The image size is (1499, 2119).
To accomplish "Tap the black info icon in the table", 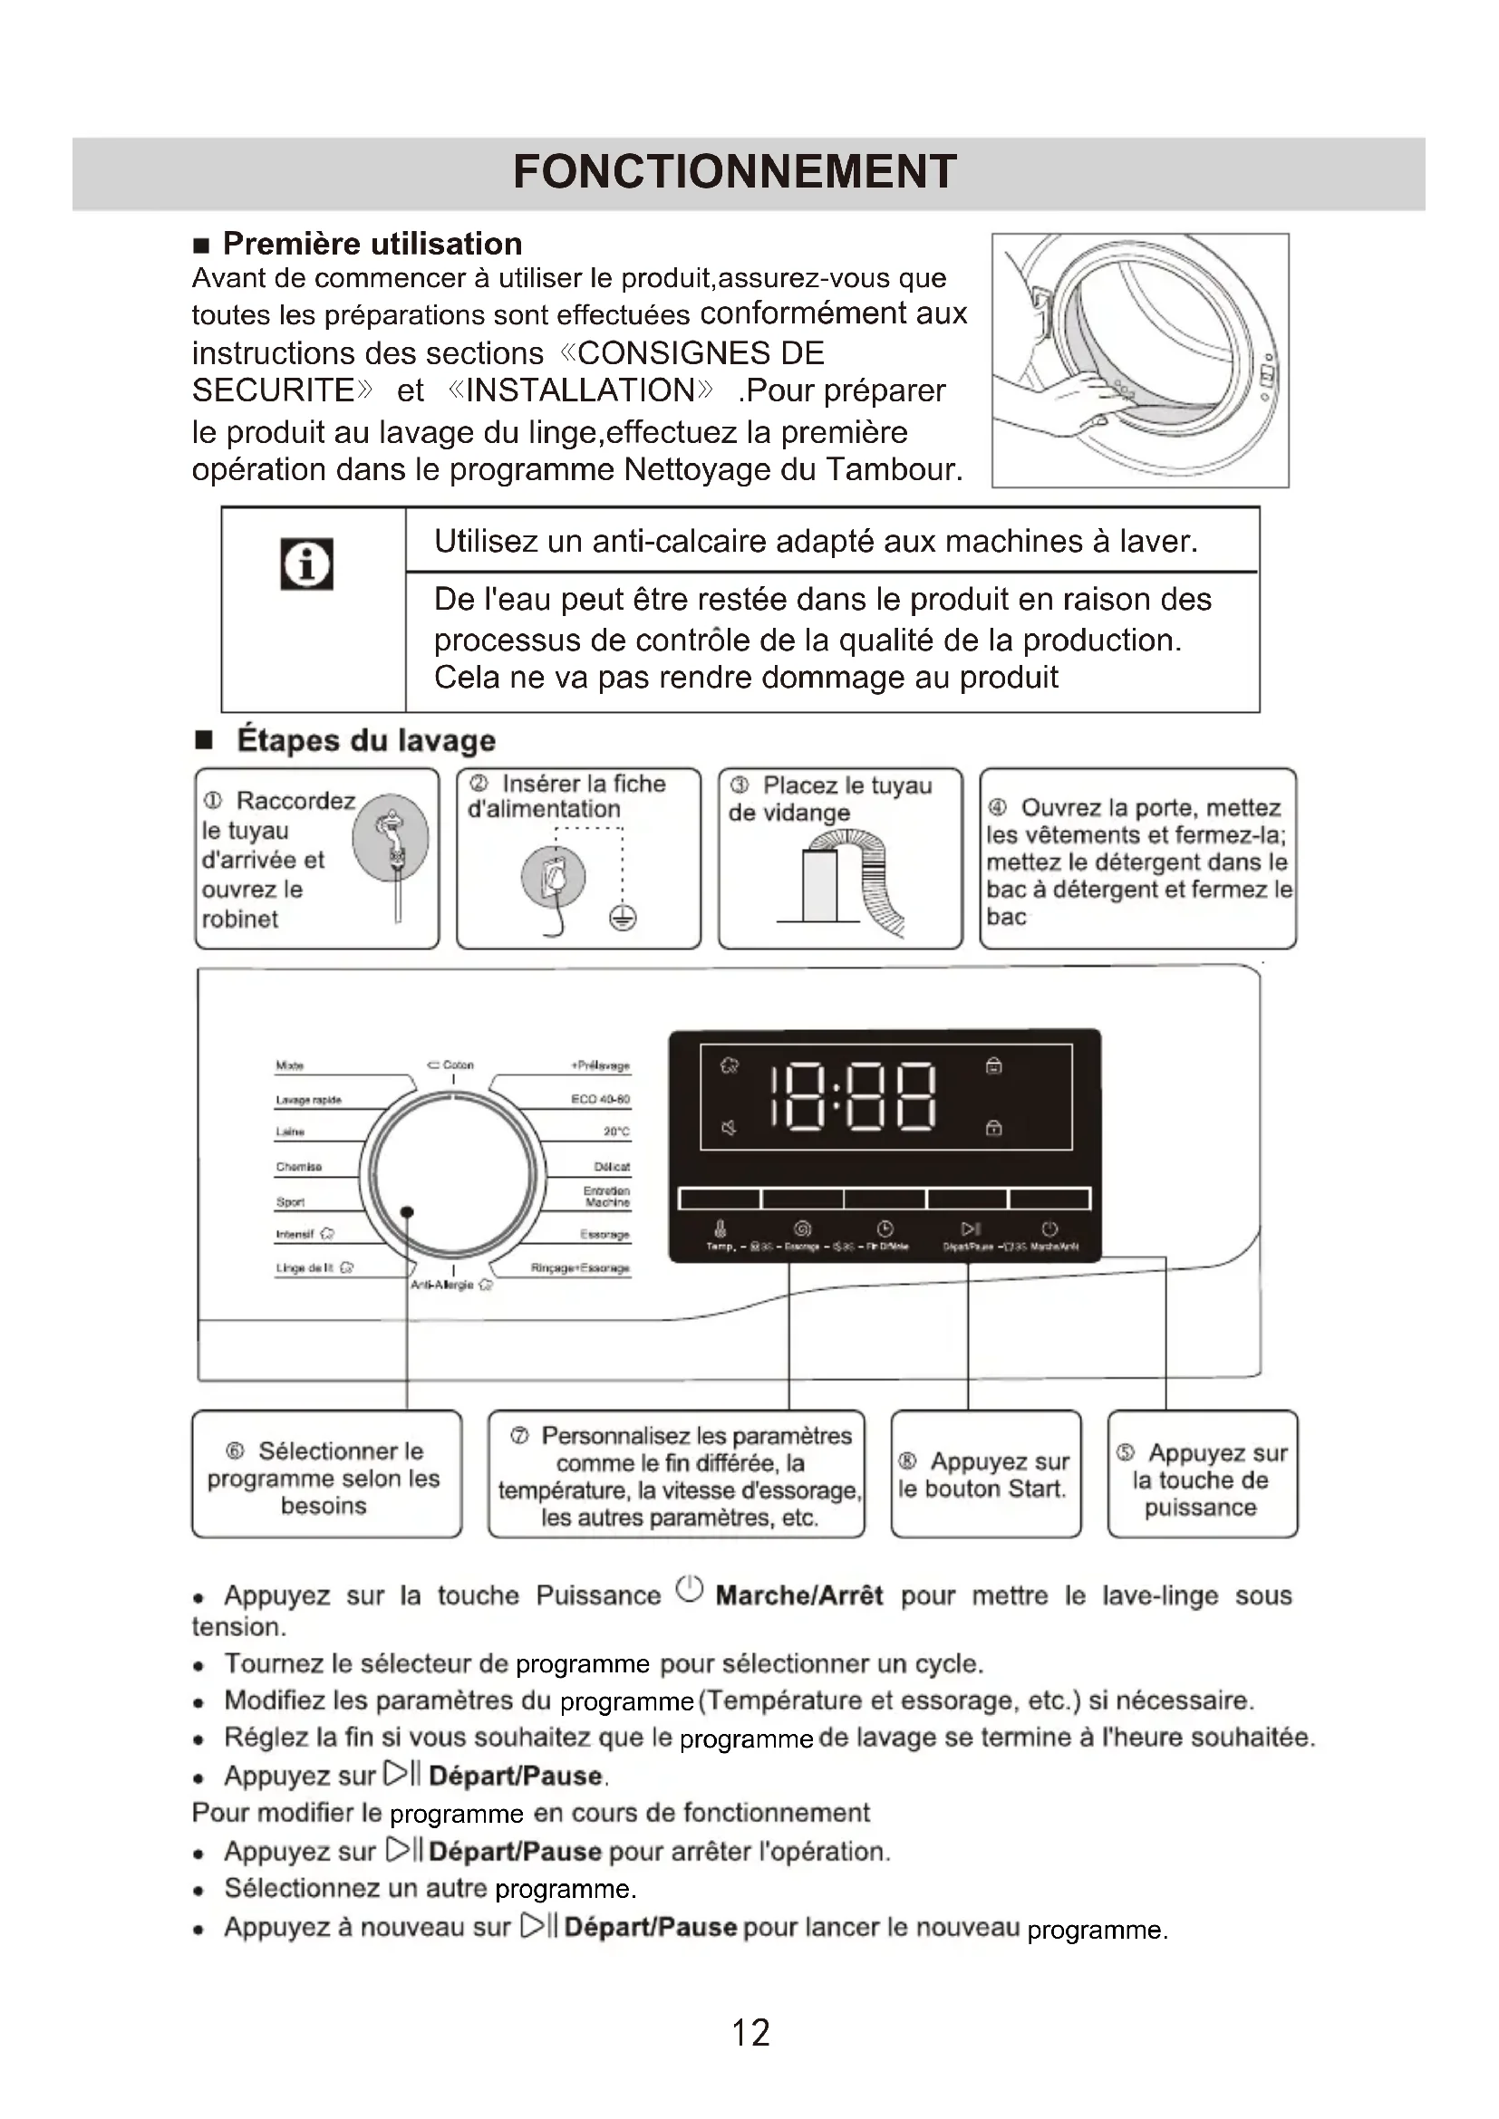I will (x=306, y=563).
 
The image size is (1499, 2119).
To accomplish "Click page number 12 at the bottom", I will (x=749, y=2032).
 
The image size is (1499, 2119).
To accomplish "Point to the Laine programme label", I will (x=290, y=1132).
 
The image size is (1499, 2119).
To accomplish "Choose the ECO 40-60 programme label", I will (x=600, y=1099).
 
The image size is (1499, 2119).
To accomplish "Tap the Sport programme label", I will (x=291, y=1201).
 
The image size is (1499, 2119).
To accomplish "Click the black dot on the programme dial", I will (x=407, y=1212).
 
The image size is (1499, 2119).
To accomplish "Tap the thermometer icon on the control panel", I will (x=720, y=1228).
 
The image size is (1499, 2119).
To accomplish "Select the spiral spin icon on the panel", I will (x=802, y=1228).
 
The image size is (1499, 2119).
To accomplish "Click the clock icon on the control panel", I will (x=885, y=1228).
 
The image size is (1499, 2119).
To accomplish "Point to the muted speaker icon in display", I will (x=730, y=1128).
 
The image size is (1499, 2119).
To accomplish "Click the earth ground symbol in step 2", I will (x=623, y=918).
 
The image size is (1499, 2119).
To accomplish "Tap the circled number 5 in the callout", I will (x=1126, y=1452).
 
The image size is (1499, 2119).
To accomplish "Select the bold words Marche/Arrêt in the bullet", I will (x=799, y=1594).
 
